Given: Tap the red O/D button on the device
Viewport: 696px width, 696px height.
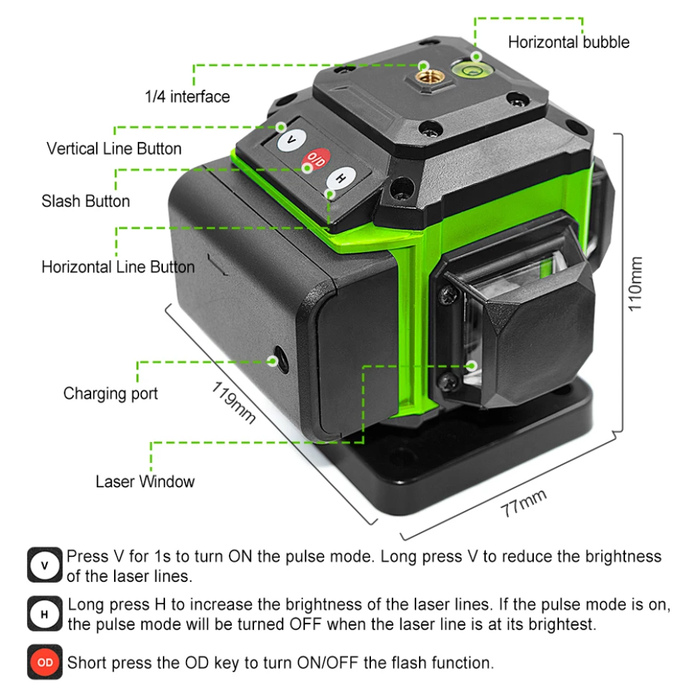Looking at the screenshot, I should pos(317,159).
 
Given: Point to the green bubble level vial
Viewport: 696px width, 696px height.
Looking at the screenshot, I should pos(468,67).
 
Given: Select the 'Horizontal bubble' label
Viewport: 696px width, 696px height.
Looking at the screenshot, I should pos(568,42).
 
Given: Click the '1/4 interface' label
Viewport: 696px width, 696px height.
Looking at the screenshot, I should pos(187,97).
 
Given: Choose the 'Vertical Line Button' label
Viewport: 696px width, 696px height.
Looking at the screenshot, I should pos(114,149).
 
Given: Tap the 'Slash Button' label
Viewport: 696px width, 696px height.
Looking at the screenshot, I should pos(86,202).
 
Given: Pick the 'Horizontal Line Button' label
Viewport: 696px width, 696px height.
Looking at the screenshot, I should pos(118,267).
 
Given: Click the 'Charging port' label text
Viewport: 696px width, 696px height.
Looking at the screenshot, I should pos(111,394).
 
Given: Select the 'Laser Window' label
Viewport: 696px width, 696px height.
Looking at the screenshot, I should pos(145,482).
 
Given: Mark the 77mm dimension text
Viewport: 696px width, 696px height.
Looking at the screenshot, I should pos(523,503).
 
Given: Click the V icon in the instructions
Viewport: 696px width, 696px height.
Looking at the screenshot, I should pos(45,565).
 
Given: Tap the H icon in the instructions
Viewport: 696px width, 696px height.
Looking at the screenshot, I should pos(45,614).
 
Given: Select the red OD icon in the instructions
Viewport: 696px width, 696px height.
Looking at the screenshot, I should pos(45,662).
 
